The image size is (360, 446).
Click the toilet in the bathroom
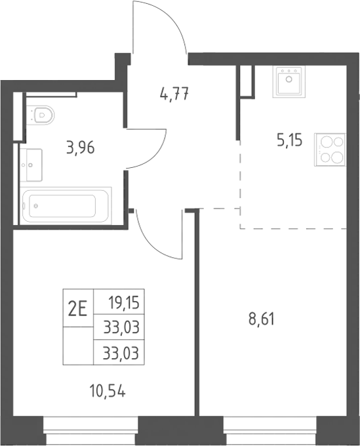[42, 115]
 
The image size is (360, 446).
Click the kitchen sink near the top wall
[289, 81]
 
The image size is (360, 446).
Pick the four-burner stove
[330, 150]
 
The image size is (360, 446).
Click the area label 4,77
[174, 94]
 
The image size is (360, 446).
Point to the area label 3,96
[81, 148]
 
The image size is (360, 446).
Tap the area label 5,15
[289, 140]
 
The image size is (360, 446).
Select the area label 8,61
[262, 319]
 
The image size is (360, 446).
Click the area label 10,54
[108, 391]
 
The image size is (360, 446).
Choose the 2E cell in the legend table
[78, 308]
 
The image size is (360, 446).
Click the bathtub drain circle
[36, 206]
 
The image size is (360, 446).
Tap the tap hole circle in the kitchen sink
[289, 79]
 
